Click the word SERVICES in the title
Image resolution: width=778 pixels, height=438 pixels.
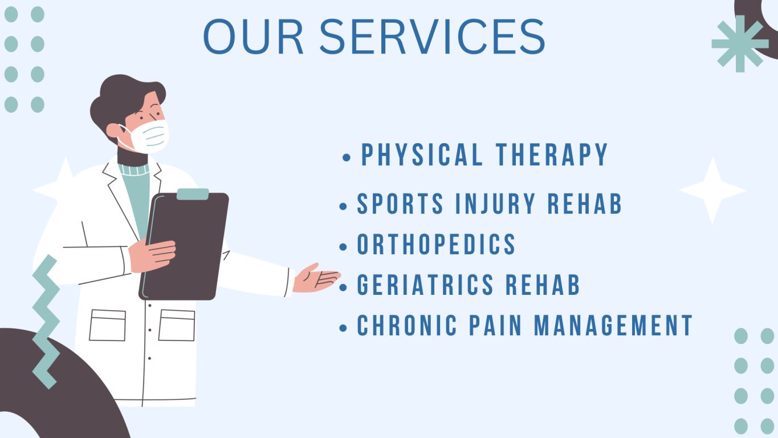[x=432, y=36]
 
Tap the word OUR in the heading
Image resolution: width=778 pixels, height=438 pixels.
[x=253, y=36]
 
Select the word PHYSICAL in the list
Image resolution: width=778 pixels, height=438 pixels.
[x=422, y=155]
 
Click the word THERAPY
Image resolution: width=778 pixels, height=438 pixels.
[x=552, y=155]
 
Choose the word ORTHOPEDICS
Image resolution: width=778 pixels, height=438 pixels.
[x=436, y=244]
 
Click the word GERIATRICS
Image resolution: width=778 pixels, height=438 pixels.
[x=425, y=285]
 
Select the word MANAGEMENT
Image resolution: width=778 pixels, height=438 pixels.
[x=613, y=326]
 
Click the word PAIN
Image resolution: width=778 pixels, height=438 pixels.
[x=495, y=326]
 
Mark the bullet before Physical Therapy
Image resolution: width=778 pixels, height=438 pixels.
[x=347, y=157]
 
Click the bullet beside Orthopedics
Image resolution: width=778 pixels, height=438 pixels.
[x=343, y=247]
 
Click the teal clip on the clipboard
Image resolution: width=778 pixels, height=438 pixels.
[x=193, y=194]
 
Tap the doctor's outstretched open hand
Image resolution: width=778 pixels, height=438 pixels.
[x=316, y=278]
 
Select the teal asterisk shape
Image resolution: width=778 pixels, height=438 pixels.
[x=740, y=44]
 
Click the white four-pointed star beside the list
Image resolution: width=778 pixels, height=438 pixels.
[x=712, y=190]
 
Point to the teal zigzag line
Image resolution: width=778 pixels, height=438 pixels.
[x=46, y=322]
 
